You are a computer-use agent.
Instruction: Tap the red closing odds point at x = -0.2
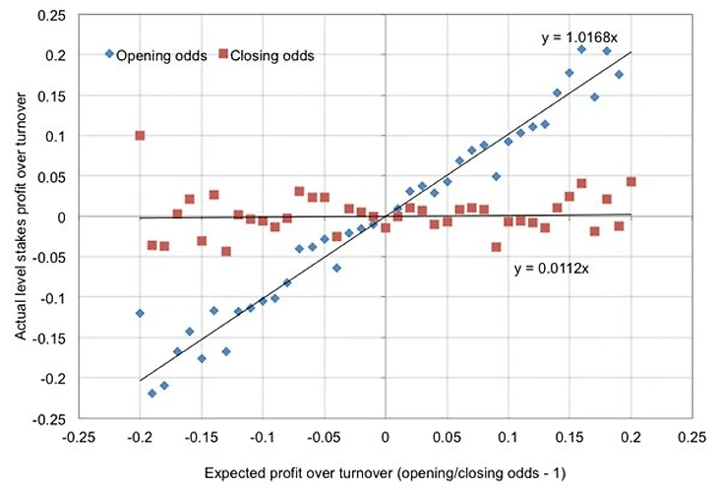pyautogui.click(x=140, y=135)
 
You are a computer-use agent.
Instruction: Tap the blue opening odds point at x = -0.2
pyautogui.click(x=140, y=313)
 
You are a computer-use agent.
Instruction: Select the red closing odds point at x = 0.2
pyautogui.click(x=630, y=182)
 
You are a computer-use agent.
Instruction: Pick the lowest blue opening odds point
pyautogui.click(x=152, y=393)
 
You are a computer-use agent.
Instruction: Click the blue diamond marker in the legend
pyautogui.click(x=109, y=54)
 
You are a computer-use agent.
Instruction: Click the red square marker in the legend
pyautogui.click(x=223, y=54)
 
